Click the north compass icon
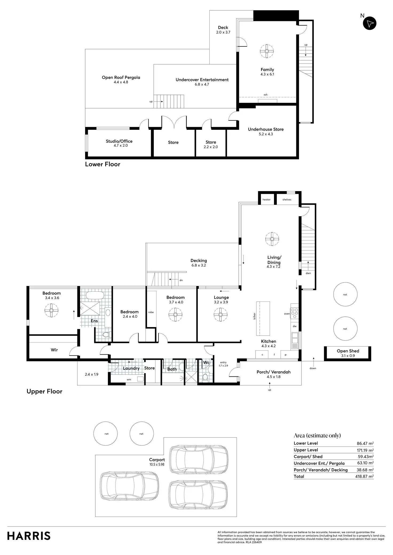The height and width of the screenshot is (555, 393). (370, 23)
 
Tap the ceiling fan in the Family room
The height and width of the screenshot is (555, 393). (267, 51)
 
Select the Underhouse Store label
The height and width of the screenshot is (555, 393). (266, 129)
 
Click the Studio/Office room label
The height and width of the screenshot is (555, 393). (119, 141)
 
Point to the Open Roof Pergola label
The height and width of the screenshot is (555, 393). (121, 78)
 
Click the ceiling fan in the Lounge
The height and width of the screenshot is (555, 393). (221, 315)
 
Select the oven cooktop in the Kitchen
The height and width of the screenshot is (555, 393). (294, 313)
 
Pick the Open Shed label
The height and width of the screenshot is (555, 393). (348, 351)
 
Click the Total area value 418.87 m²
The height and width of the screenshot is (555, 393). (364, 476)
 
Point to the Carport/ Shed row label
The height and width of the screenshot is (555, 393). (308, 457)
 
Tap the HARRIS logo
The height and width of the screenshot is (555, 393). (29, 536)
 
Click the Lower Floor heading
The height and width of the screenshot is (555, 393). (103, 164)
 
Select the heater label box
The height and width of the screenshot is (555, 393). (266, 199)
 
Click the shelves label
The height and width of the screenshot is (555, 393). (287, 200)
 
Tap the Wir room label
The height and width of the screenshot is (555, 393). (54, 350)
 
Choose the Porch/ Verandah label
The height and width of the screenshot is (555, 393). (273, 372)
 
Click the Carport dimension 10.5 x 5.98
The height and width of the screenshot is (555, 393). (157, 464)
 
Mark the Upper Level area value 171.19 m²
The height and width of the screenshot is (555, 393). (364, 450)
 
